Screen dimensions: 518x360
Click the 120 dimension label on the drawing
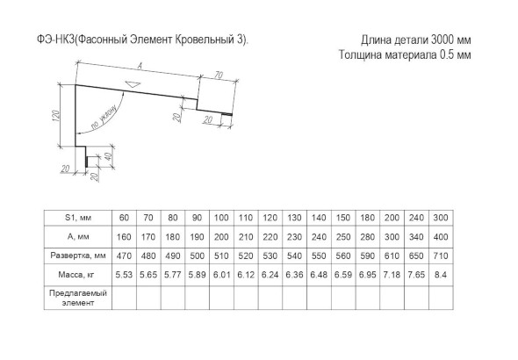(56, 115)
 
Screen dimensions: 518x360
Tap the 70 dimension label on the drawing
(219, 75)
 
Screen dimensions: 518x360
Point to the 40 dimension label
(109, 155)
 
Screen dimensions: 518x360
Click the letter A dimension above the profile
(140, 67)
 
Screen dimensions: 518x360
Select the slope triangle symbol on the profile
(133, 83)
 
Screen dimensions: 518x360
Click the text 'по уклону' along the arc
(104, 118)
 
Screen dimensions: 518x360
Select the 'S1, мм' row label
(78, 218)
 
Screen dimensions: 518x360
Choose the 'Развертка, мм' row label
(78, 256)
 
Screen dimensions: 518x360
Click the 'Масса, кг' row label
(76, 275)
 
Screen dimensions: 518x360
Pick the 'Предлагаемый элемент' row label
(78, 298)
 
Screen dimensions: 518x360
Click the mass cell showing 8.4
(441, 275)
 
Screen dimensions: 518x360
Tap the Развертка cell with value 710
(441, 256)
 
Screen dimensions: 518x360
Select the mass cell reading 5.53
(124, 275)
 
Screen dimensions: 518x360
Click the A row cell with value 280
(367, 237)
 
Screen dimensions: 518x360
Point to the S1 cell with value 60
(124, 218)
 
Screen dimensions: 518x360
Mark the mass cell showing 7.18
(392, 275)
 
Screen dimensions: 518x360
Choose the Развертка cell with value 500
(197, 256)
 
